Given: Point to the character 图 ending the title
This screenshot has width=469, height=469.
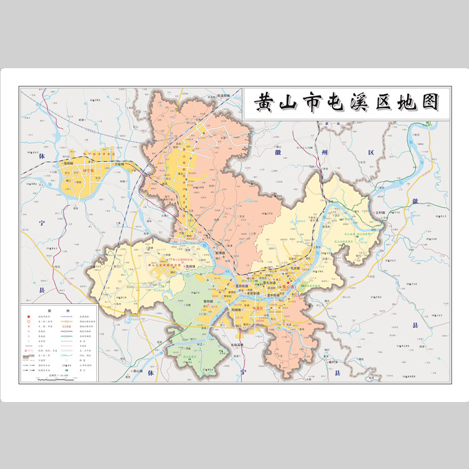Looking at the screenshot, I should pos(428,102).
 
